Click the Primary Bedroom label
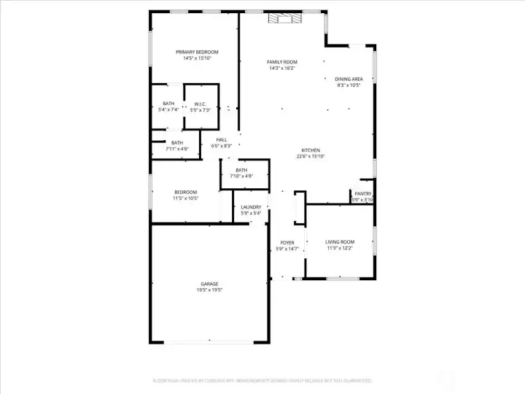point(197,52)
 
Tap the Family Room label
point(281,62)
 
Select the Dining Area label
point(349,79)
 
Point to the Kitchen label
point(311,150)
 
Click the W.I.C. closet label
point(200,104)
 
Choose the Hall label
point(221,139)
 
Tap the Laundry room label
point(251,207)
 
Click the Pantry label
point(362,193)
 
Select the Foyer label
point(287,243)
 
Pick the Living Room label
point(339,242)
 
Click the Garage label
point(209,284)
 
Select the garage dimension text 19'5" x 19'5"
point(209,290)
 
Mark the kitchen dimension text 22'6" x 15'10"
point(311,156)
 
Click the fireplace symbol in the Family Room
point(283,19)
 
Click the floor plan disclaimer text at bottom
point(262,380)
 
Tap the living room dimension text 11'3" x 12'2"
point(339,248)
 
